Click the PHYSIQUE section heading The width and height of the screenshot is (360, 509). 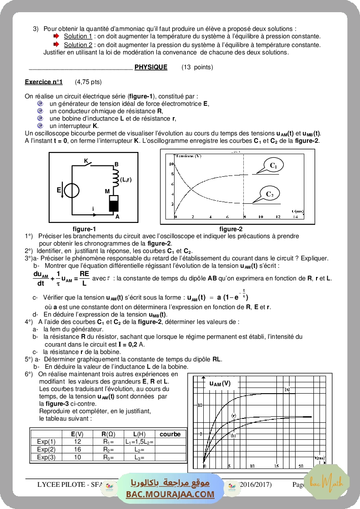click(x=151, y=67)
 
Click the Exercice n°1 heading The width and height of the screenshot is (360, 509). click(x=44, y=81)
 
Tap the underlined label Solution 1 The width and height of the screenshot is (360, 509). click(x=78, y=36)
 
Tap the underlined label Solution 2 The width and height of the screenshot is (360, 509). click(x=78, y=44)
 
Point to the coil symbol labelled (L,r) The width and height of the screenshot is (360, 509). click(x=116, y=178)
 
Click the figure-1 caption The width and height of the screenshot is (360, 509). click(x=84, y=229)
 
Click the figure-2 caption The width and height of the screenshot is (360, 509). click(x=231, y=229)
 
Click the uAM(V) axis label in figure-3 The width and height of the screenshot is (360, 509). click(x=220, y=383)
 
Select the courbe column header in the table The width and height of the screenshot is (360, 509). click(x=170, y=434)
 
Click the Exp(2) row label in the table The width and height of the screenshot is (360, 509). click(x=46, y=449)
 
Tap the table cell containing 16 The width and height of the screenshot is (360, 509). click(x=77, y=449)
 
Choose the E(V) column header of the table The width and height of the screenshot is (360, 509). click(x=77, y=434)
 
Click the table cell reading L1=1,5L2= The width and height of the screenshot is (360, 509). click(x=139, y=442)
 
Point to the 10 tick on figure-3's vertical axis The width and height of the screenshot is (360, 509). click(x=200, y=405)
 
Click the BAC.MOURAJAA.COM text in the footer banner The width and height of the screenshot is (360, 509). click(x=170, y=494)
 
